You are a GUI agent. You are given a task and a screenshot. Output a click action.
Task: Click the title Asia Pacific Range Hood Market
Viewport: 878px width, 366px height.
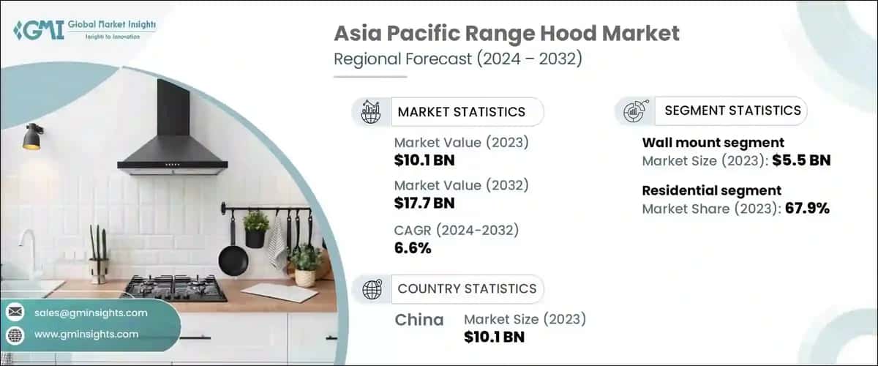[x=506, y=33]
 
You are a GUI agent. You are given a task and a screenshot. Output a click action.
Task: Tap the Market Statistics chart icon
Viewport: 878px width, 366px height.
[x=371, y=112]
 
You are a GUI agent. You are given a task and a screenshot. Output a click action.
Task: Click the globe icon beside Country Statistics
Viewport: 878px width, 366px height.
[x=372, y=288]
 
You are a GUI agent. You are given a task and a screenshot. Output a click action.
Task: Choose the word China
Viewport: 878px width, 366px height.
[x=419, y=320]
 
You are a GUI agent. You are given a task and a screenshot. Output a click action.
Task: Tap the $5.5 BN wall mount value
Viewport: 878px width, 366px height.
[x=801, y=160]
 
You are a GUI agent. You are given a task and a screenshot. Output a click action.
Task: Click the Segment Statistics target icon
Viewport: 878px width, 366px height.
[x=634, y=111]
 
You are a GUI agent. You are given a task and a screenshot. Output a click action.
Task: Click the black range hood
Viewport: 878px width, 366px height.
[x=173, y=135]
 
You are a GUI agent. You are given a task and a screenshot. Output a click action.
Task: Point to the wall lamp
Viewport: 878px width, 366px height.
[x=32, y=137]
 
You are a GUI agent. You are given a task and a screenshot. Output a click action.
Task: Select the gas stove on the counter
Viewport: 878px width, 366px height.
[x=175, y=288]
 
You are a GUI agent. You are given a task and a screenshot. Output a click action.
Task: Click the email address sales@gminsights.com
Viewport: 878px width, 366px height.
[x=91, y=313]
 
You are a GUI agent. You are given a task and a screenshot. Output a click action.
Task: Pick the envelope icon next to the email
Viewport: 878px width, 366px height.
[x=15, y=313]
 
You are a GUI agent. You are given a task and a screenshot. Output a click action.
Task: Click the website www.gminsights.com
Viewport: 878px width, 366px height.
[x=86, y=335]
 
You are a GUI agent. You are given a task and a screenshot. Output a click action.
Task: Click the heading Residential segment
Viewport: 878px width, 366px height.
[x=711, y=191]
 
